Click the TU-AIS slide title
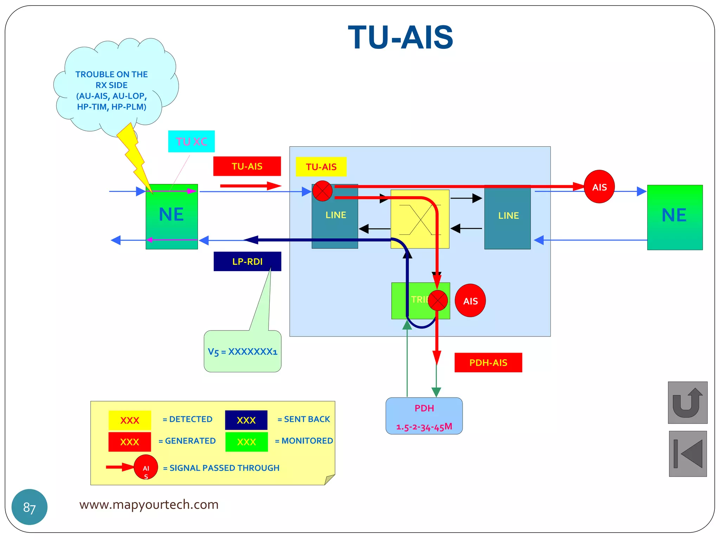[400, 38]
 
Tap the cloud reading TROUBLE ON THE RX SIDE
[111, 90]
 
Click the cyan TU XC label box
[191, 141]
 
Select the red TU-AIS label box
[247, 166]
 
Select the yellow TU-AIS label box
[321, 167]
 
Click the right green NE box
[674, 217]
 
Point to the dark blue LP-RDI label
[247, 262]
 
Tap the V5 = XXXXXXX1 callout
[242, 352]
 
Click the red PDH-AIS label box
[488, 362]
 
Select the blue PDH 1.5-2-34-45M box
[424, 416]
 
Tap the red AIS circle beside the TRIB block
[470, 301]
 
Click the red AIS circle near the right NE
[599, 187]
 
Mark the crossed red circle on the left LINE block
[322, 191]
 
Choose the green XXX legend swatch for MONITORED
[246, 442]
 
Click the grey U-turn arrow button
[687, 403]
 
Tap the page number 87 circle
[30, 507]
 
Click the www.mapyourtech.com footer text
[149, 504]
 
